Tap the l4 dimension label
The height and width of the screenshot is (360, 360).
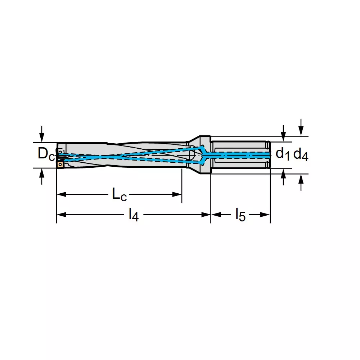[x=134, y=215]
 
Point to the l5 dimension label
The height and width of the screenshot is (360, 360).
[x=240, y=215]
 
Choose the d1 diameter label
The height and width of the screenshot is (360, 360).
[x=283, y=154]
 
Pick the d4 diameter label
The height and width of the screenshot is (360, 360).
[x=301, y=154]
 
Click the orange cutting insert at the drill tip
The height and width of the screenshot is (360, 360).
[x=60, y=165]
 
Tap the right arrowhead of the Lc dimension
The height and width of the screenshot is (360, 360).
[x=177, y=194]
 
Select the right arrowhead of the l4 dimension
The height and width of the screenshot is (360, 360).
[x=206, y=215]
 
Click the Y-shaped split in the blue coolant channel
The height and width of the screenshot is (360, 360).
[x=204, y=155]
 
